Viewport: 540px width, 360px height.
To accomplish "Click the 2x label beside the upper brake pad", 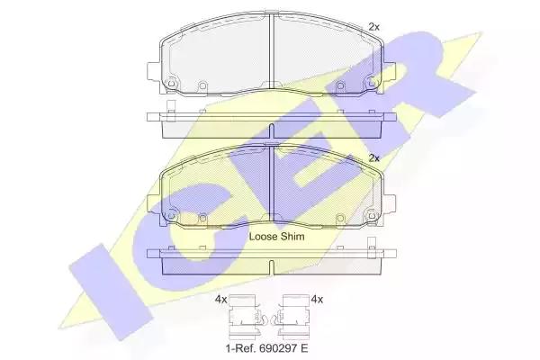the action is pos(374,27).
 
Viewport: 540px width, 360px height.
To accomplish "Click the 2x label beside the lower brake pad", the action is pos(374,158).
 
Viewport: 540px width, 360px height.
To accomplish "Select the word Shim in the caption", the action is pos(292,237).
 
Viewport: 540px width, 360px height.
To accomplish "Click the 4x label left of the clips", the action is pos(220,300).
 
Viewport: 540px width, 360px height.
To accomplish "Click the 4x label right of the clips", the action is pos(317,300).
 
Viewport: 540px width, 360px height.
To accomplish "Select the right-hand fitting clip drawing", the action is pos(292,317).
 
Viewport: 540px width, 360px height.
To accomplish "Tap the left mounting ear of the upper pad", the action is pos(154,71).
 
